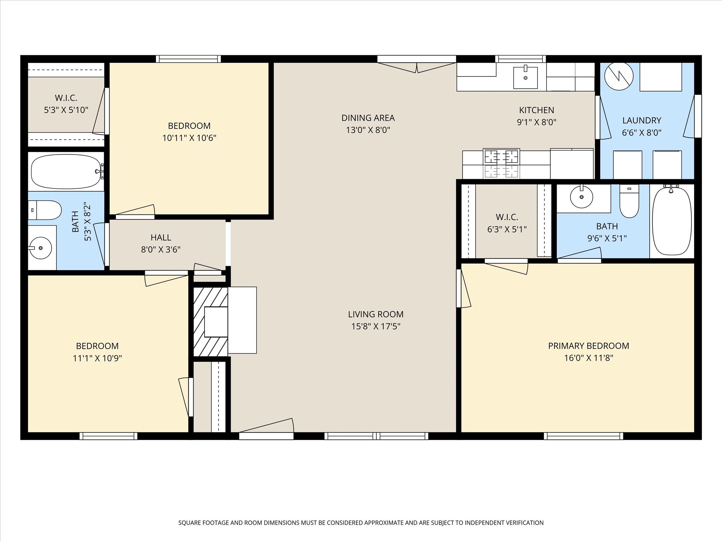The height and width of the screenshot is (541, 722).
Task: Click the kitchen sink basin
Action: click(x=525, y=77)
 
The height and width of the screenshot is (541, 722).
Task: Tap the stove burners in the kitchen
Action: click(x=501, y=163)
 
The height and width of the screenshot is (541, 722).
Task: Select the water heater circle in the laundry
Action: click(x=619, y=76)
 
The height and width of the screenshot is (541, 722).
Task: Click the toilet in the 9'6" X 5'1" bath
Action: click(x=629, y=201)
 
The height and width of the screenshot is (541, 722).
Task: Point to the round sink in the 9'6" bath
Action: click(x=582, y=197)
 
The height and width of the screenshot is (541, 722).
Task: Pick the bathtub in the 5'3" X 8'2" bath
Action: click(x=66, y=172)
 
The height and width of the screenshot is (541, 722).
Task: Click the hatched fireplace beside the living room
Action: click(x=211, y=322)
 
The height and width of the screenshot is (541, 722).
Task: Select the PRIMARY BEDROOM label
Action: click(x=588, y=346)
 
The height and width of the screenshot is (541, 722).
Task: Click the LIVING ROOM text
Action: click(x=376, y=314)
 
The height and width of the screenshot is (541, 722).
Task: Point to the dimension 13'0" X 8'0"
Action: click(x=368, y=130)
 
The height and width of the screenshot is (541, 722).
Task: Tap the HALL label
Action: click(x=161, y=237)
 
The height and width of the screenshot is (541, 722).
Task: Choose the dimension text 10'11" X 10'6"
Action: click(x=189, y=138)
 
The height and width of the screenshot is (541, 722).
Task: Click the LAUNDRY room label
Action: click(x=642, y=120)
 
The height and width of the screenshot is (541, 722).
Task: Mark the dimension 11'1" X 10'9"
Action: click(x=97, y=358)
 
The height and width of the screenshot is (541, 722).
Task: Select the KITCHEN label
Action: click(x=537, y=110)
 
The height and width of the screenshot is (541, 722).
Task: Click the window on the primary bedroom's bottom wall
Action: click(x=583, y=436)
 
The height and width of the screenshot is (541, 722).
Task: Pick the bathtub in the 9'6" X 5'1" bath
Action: click(x=672, y=221)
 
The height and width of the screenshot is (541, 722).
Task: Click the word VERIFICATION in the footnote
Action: click(x=521, y=523)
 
